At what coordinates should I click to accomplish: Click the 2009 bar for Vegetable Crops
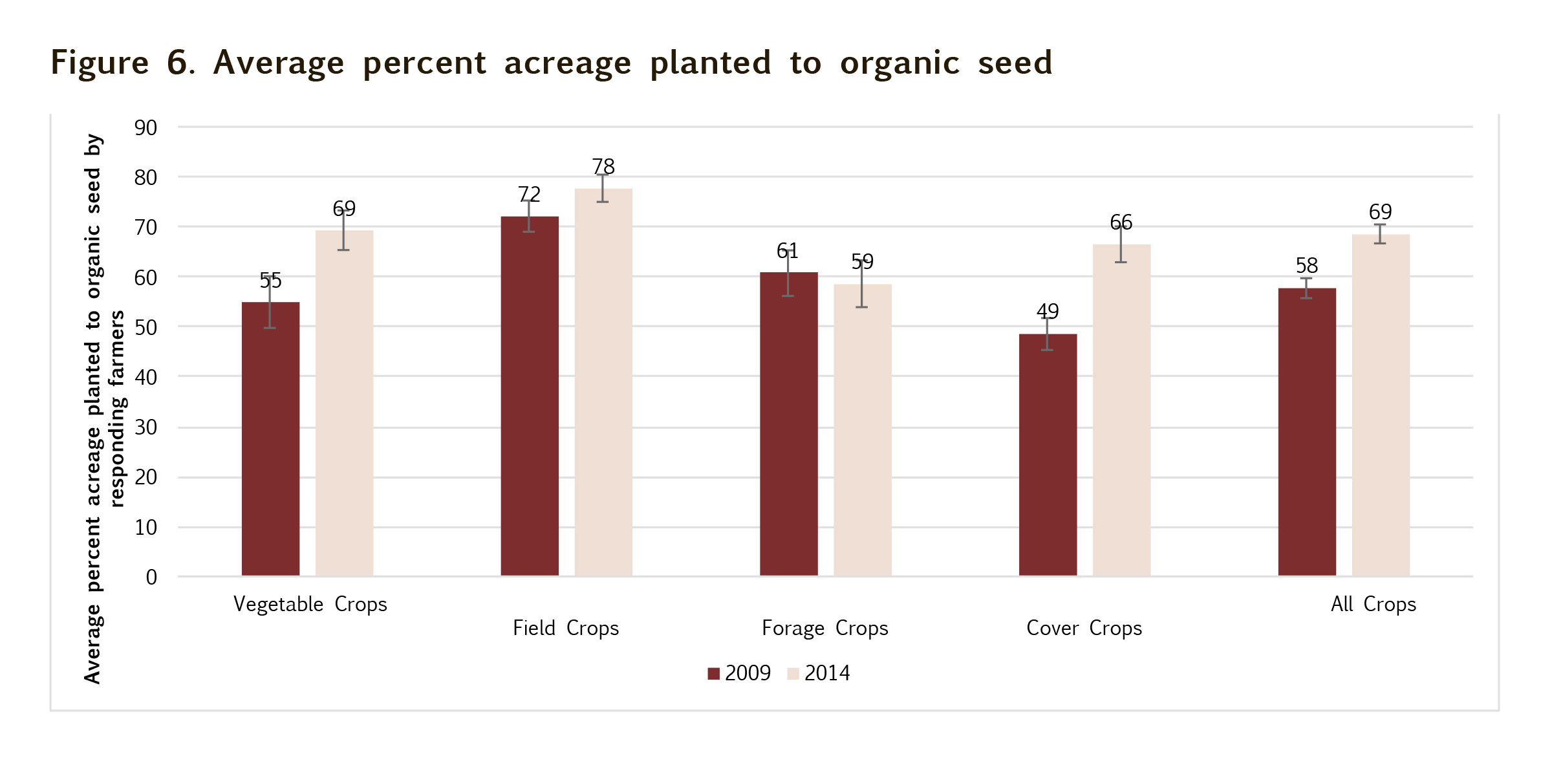click(x=270, y=440)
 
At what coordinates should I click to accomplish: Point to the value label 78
click(x=603, y=167)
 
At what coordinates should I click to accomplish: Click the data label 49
click(x=1048, y=312)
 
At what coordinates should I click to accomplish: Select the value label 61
click(x=788, y=251)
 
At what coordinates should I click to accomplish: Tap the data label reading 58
click(x=1307, y=266)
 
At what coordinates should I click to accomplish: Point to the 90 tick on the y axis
click(x=145, y=128)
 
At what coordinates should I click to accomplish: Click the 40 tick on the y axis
click(x=145, y=378)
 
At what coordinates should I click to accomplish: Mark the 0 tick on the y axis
click(x=151, y=577)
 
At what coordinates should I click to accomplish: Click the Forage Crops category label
click(x=824, y=629)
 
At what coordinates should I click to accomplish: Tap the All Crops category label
click(x=1374, y=605)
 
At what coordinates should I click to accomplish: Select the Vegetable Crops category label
click(x=310, y=605)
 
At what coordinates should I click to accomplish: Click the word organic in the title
click(x=900, y=63)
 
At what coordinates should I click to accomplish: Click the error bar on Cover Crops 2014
click(x=1121, y=244)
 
